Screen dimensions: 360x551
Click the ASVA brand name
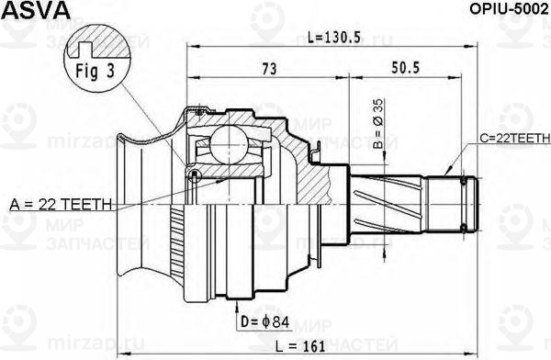tap(28, 11)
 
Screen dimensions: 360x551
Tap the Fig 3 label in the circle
tap(91, 70)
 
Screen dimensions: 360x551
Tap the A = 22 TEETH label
tap(61, 203)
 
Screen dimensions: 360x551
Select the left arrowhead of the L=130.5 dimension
tap(190, 45)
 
